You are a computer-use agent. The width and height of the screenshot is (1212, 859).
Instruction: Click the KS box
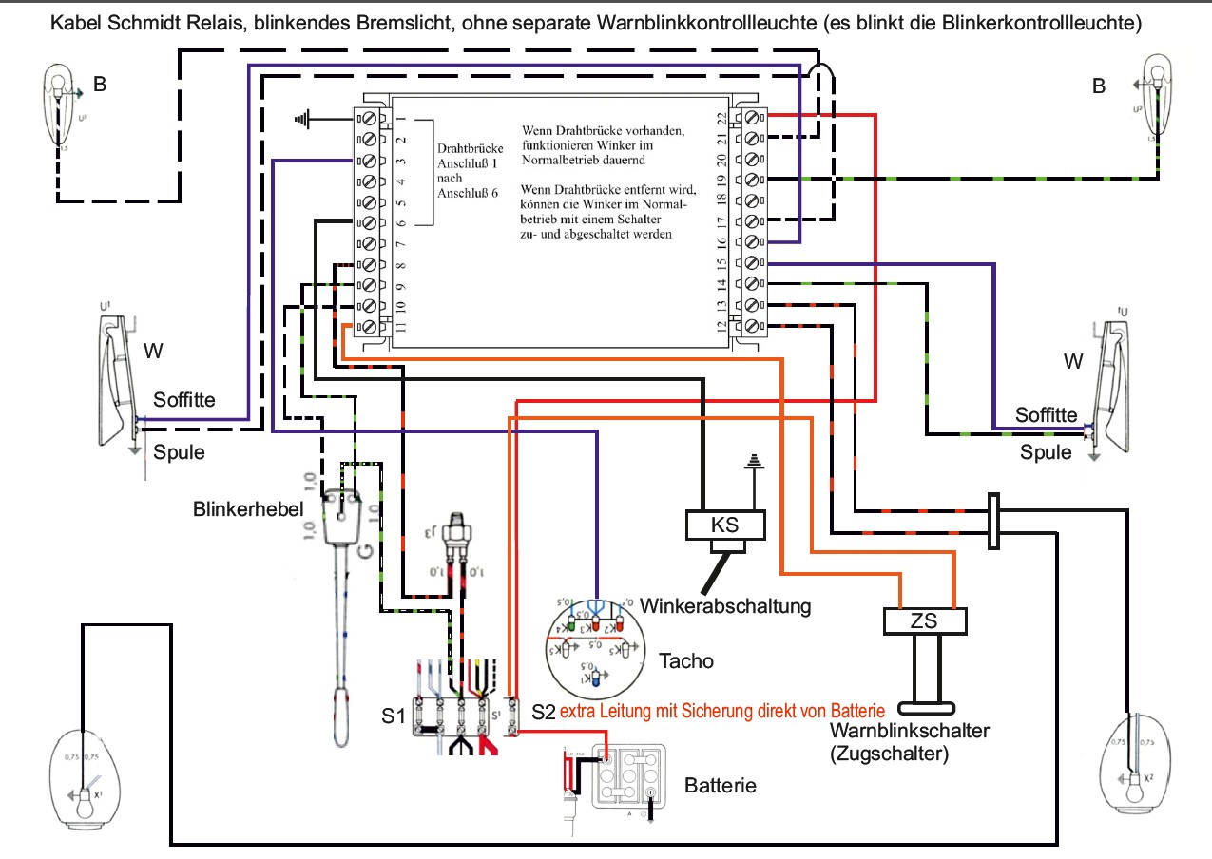coord(725,525)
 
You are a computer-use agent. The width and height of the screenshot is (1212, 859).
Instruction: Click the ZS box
coord(925,621)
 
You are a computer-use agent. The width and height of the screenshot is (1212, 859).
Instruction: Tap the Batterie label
coord(721,786)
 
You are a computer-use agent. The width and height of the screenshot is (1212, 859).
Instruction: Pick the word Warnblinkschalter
coord(910,732)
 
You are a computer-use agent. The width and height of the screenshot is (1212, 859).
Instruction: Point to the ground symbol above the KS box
coord(754,462)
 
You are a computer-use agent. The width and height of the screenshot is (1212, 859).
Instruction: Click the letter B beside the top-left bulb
coord(100,85)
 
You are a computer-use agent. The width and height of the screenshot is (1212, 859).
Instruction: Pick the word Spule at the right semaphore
coord(1046,452)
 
